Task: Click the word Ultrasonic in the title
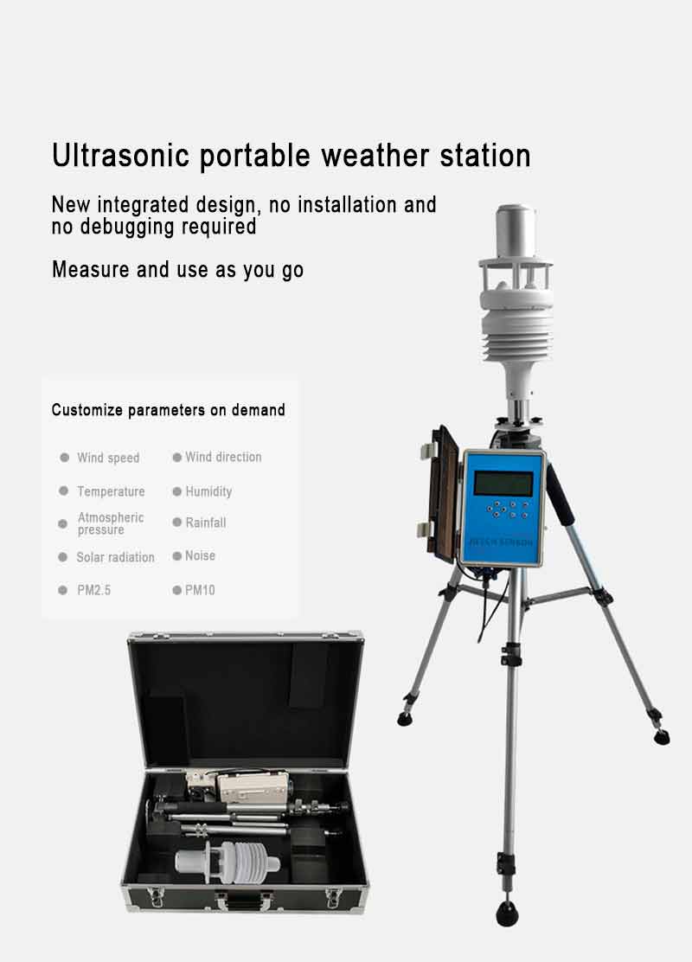[121, 155]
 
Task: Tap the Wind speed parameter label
[108, 458]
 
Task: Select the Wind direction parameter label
[223, 457]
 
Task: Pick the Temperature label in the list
[111, 491]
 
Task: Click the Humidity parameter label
[208, 491]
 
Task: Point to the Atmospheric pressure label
[111, 523]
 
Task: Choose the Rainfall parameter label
[206, 523]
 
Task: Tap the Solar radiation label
[115, 557]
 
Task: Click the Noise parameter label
[200, 556]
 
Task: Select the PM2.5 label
[94, 590]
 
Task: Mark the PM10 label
[200, 590]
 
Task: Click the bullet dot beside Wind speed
[64, 457]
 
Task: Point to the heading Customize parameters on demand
[168, 410]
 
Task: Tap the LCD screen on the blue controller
[503, 484]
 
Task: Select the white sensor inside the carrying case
[227, 862]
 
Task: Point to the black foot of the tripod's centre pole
[508, 914]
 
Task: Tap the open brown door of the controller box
[444, 495]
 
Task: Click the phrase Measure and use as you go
[177, 270]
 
